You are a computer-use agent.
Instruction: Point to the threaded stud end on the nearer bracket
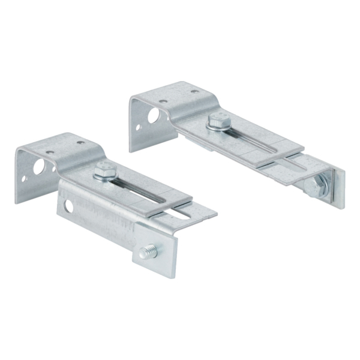(148, 253)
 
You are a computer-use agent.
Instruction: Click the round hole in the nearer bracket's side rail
(70, 206)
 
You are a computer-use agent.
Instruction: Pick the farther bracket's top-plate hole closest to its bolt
(194, 92)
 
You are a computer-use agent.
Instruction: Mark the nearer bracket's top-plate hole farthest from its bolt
(50, 152)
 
